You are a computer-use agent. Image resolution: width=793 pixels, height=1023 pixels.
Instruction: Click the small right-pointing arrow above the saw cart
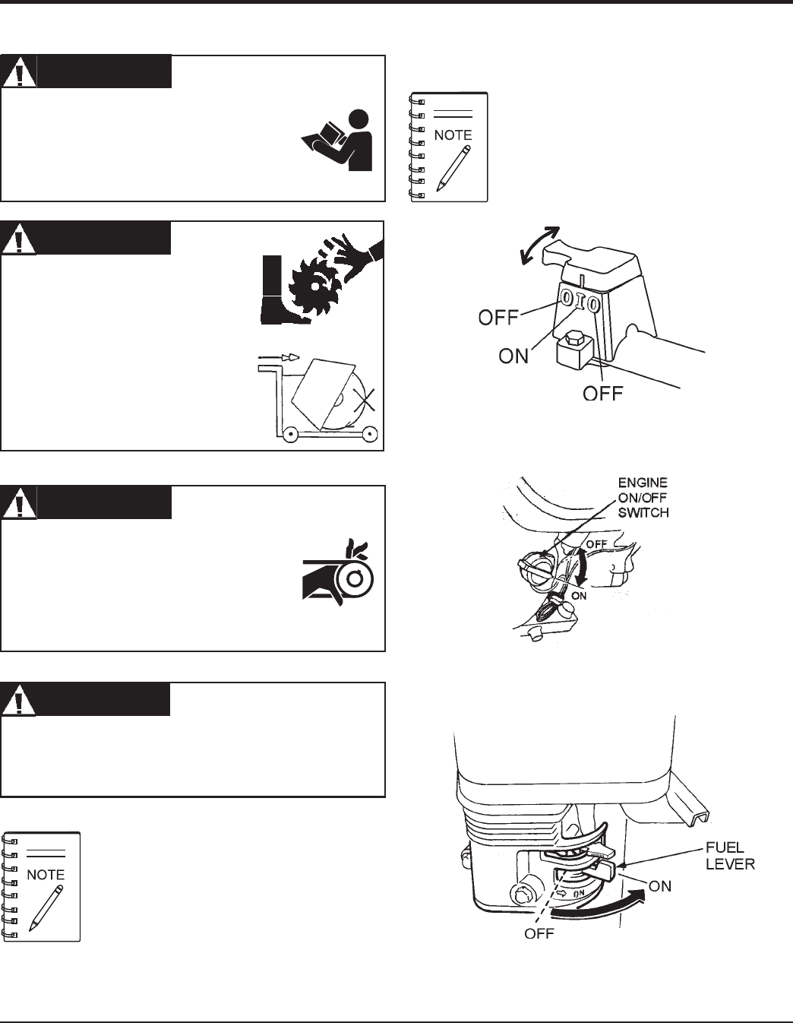(x=279, y=356)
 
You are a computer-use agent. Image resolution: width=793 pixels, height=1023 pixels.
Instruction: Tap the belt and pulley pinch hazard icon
(x=338, y=578)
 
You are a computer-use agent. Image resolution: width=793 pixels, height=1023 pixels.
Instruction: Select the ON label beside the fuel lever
(x=660, y=886)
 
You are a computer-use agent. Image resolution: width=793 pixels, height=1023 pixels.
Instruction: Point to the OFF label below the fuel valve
(x=539, y=933)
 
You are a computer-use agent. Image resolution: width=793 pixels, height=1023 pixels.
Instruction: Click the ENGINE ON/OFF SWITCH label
(x=643, y=498)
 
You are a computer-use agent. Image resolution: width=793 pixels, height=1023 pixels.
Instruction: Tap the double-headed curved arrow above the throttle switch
(x=536, y=245)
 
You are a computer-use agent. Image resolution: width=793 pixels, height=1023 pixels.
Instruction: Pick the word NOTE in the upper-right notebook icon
(x=453, y=135)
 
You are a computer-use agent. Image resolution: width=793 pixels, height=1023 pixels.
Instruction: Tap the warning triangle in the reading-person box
(x=18, y=71)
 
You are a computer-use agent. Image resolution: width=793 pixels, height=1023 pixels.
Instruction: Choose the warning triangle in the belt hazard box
(x=18, y=502)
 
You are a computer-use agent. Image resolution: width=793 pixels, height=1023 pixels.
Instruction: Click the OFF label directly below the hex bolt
(x=602, y=393)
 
